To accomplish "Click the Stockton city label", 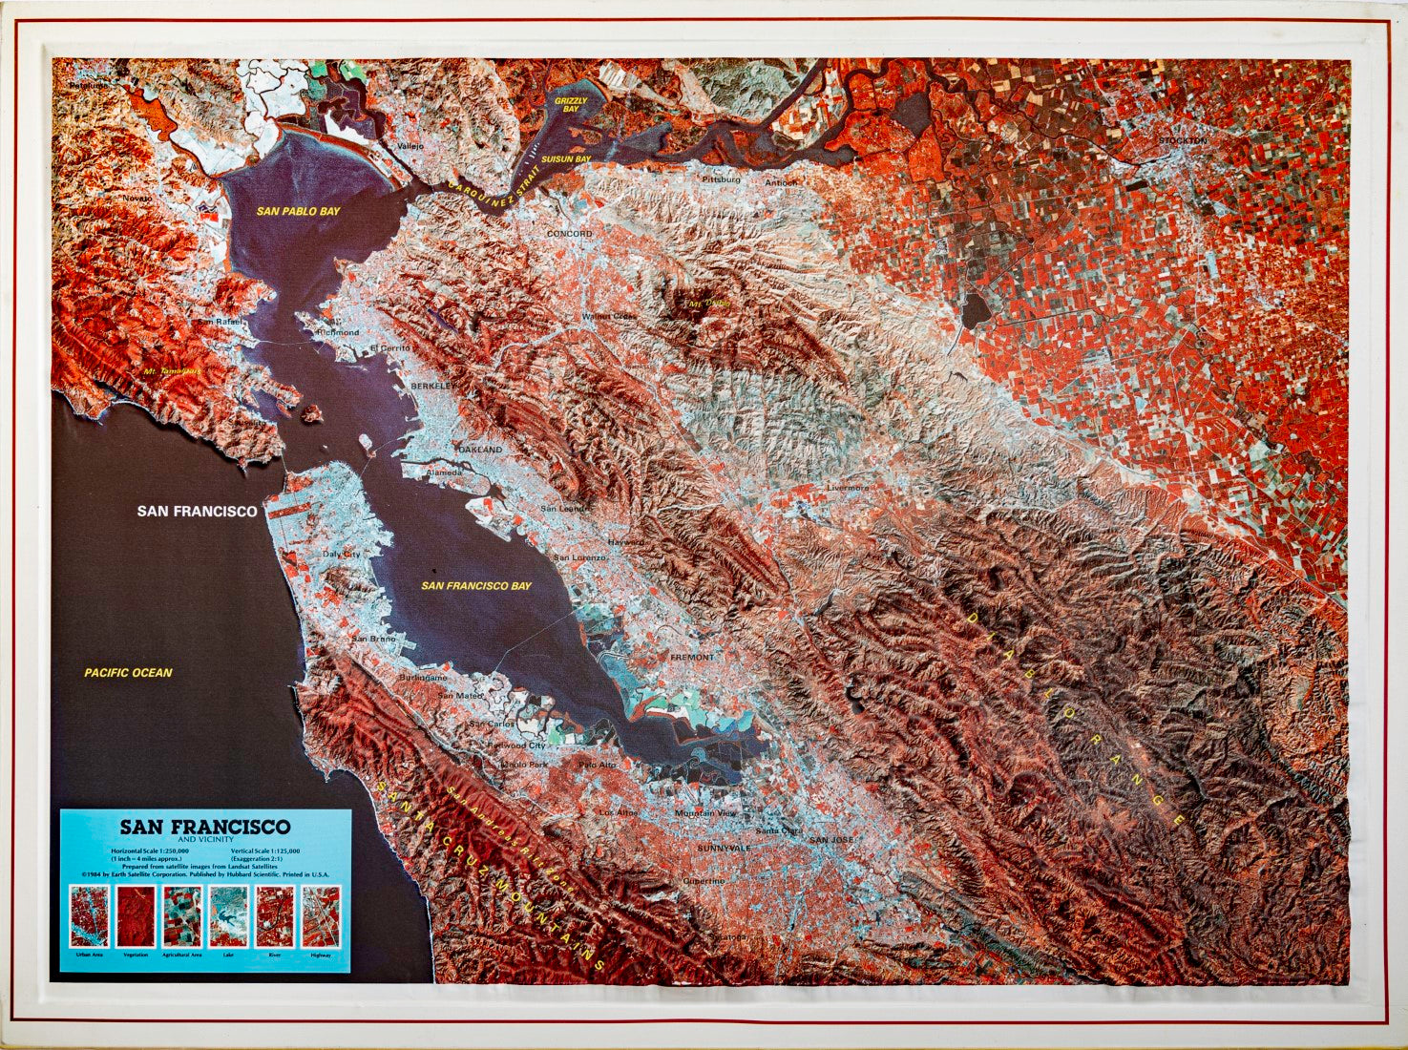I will point(1183,140).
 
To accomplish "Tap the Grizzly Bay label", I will point(572,105).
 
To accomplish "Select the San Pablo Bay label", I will point(298,210).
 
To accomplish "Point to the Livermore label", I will point(848,488).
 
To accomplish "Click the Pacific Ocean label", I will point(128,673).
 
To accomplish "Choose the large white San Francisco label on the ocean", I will point(197,512).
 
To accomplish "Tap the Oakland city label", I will point(479,450).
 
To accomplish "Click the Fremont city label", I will point(692,658).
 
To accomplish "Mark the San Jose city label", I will point(831,840).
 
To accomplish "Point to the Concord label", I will point(569,234).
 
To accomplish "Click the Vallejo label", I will point(410,146).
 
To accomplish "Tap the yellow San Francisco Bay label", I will point(476,586).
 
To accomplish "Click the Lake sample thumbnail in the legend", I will point(228,916).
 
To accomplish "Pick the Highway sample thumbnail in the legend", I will point(321,916).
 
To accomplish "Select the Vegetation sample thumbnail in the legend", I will point(136,916).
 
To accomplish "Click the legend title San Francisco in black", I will point(204,827).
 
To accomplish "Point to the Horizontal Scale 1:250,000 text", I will point(149,850).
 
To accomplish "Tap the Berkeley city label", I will point(430,385).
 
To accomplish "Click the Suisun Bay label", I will point(566,159).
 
